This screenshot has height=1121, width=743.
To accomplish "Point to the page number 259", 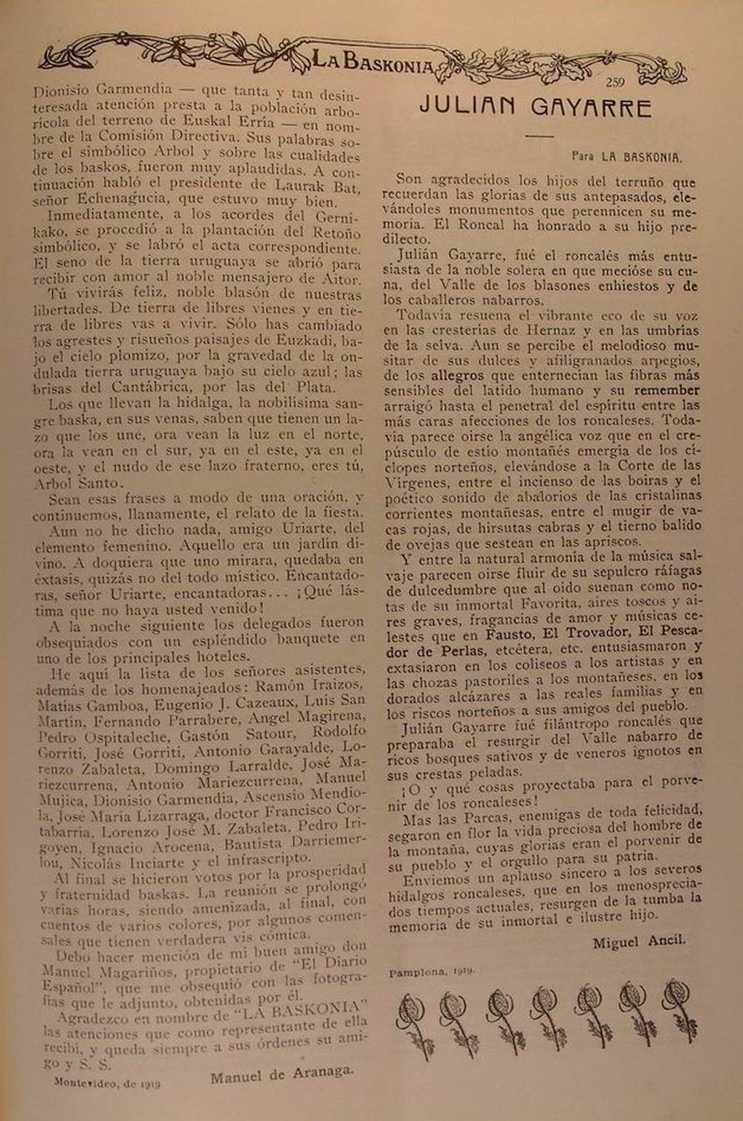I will click(x=620, y=82).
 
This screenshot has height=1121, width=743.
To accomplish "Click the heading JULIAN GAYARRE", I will click(x=536, y=108).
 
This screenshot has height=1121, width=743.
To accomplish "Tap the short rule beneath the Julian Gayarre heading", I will click(x=539, y=136).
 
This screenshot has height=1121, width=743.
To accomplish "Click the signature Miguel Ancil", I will click(x=639, y=942).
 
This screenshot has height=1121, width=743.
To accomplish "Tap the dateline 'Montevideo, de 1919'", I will click(x=107, y=1083).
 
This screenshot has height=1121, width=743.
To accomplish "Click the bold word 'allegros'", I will click(x=458, y=376).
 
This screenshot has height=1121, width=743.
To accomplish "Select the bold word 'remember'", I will click(x=667, y=390).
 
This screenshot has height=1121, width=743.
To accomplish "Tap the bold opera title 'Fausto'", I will click(x=509, y=634).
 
